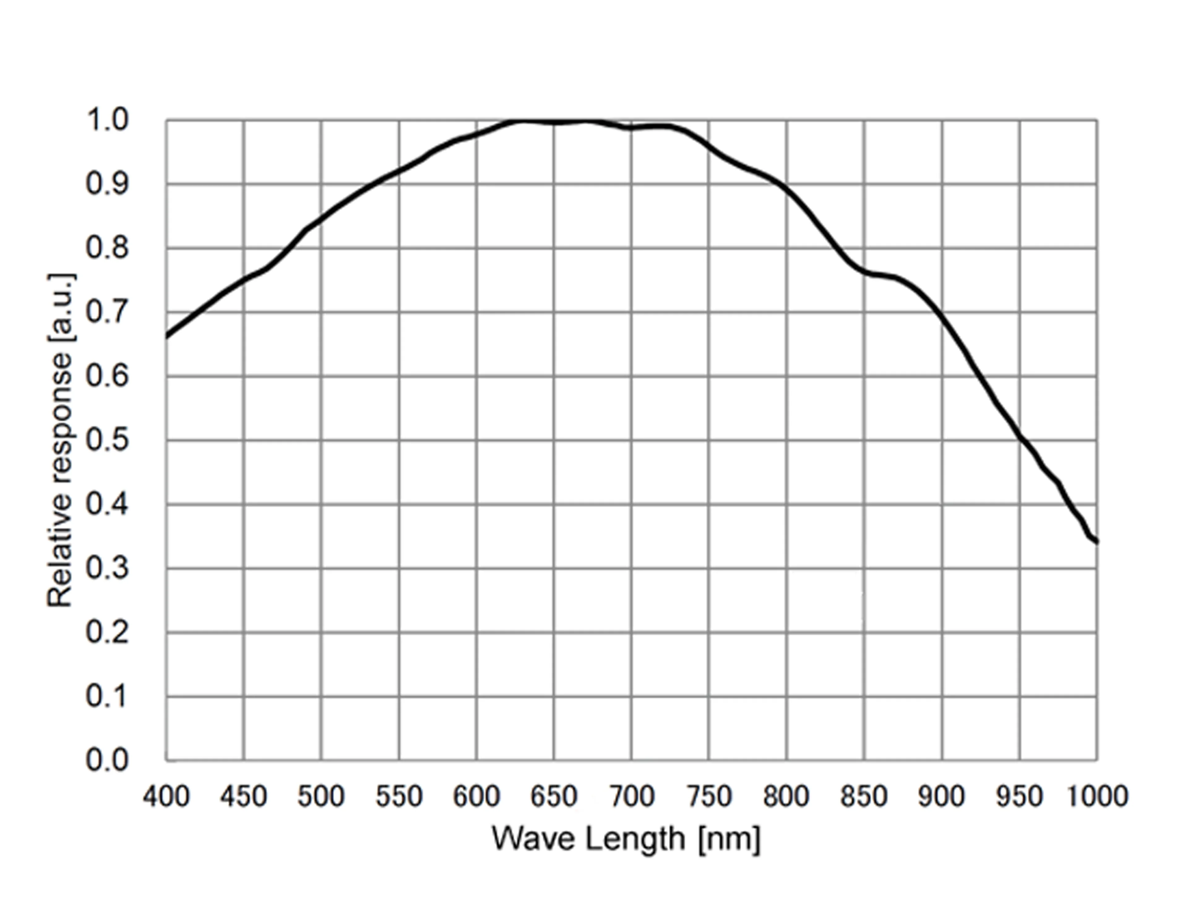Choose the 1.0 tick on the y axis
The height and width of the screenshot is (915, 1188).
pyautogui.click(x=107, y=120)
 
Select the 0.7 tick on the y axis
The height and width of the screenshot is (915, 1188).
pyautogui.click(x=107, y=312)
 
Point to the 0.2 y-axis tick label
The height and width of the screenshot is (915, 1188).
pyautogui.click(x=107, y=632)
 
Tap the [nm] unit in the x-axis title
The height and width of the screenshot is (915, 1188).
pyautogui.click(x=729, y=840)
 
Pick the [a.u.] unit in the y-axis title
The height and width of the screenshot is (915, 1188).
pyautogui.click(x=61, y=307)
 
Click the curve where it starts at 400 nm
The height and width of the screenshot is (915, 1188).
pyautogui.click(x=167, y=337)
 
